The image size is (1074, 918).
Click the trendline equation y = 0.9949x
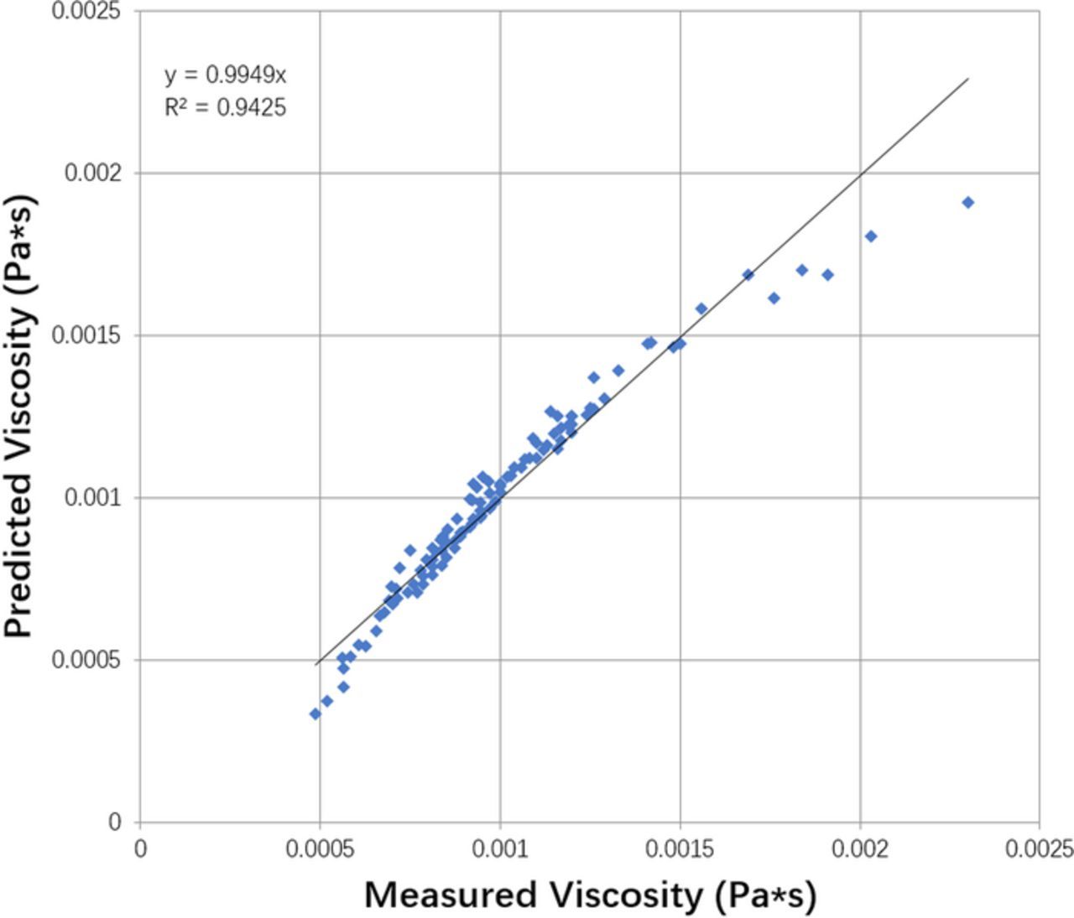(x=225, y=75)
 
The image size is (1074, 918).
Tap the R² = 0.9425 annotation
(x=225, y=107)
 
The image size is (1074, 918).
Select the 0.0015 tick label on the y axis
(x=86, y=335)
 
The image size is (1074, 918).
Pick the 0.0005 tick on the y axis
(x=86, y=660)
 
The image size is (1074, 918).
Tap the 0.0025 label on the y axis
(x=86, y=11)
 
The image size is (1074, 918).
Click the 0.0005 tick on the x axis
(x=320, y=849)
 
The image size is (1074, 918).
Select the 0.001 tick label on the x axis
(x=500, y=849)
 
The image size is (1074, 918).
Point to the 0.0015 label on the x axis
(x=680, y=849)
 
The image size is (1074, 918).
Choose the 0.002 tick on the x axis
(x=860, y=849)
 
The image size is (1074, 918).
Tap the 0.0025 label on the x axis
(x=1039, y=849)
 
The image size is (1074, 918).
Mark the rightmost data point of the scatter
(x=967, y=202)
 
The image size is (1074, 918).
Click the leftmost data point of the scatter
(x=315, y=713)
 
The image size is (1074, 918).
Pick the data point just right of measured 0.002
(x=871, y=236)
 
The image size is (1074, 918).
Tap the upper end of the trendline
(x=968, y=79)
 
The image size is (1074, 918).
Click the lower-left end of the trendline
(x=315, y=665)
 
